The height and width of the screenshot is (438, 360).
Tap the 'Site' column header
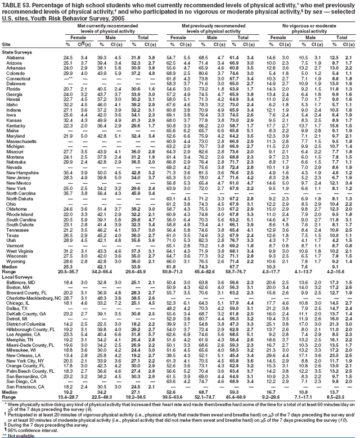click(7, 44)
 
